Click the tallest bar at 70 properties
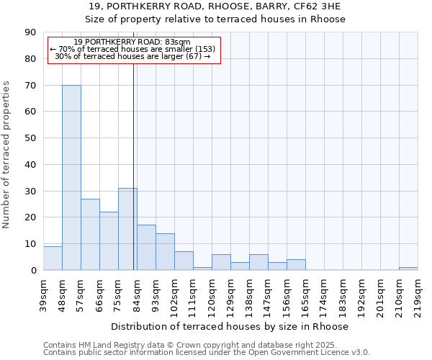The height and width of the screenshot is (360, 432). (71, 177)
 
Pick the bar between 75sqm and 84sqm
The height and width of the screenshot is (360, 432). (127, 229)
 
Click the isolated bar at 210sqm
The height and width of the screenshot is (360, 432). (408, 269)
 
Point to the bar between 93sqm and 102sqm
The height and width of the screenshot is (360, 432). (165, 251)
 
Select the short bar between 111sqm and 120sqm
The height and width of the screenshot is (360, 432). (202, 269)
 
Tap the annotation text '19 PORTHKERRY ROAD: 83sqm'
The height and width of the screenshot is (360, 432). (132, 42)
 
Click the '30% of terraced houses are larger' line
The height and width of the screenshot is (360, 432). (132, 56)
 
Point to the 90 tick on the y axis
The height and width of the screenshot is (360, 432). (31, 32)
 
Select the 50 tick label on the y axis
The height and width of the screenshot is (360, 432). (31, 138)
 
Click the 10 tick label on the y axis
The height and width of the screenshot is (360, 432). (31, 244)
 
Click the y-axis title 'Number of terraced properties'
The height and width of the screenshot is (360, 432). (7, 155)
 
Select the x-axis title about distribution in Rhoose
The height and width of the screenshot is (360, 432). (230, 326)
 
